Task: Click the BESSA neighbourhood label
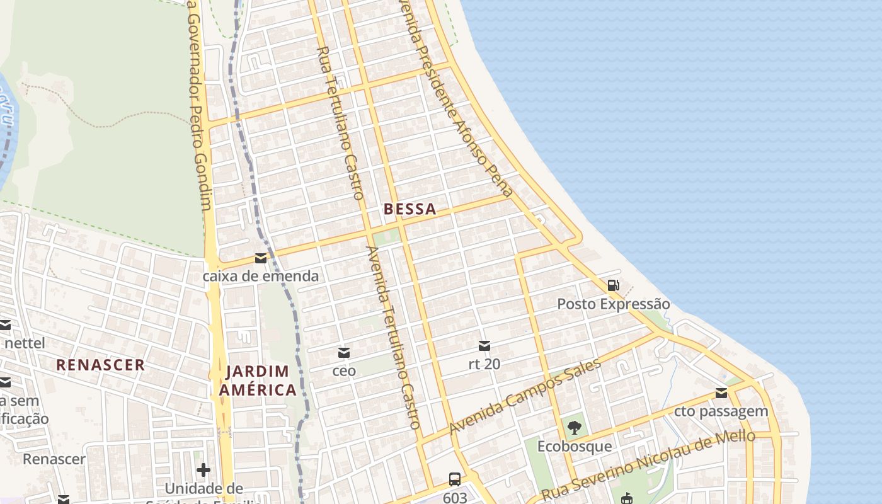(x=409, y=209)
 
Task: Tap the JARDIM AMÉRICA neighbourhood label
(x=258, y=381)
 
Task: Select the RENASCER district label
(x=101, y=365)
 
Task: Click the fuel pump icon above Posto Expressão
(x=613, y=285)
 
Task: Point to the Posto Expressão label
(x=613, y=304)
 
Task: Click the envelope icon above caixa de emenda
(x=260, y=258)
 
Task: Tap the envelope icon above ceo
(x=344, y=353)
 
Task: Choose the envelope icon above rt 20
(x=484, y=345)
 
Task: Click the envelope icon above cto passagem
(x=721, y=394)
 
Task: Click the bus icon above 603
(x=455, y=479)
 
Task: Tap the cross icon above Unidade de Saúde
(x=203, y=470)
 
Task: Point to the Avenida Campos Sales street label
(x=525, y=397)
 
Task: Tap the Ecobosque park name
(x=574, y=447)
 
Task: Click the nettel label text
(x=25, y=343)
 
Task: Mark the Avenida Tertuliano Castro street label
(x=392, y=337)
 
